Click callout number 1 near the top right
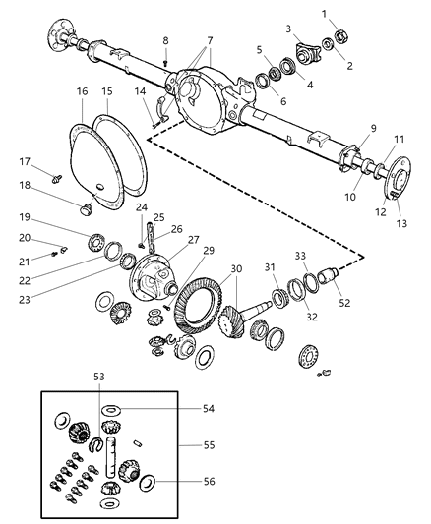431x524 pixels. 350,12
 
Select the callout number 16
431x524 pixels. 82,91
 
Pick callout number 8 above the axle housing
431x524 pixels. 166,40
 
